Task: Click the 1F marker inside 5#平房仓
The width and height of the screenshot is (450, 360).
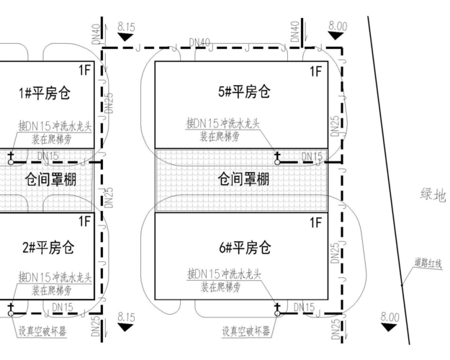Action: pyautogui.click(x=315, y=71)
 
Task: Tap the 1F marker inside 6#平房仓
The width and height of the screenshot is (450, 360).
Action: pyautogui.click(x=315, y=222)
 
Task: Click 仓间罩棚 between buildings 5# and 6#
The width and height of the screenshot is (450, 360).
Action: pyautogui.click(x=243, y=179)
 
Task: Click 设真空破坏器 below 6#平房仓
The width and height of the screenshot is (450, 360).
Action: pyautogui.click(x=246, y=332)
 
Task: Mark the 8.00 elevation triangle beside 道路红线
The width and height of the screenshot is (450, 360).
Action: pyautogui.click(x=390, y=327)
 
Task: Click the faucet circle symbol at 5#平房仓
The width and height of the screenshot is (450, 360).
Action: pyautogui.click(x=277, y=162)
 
